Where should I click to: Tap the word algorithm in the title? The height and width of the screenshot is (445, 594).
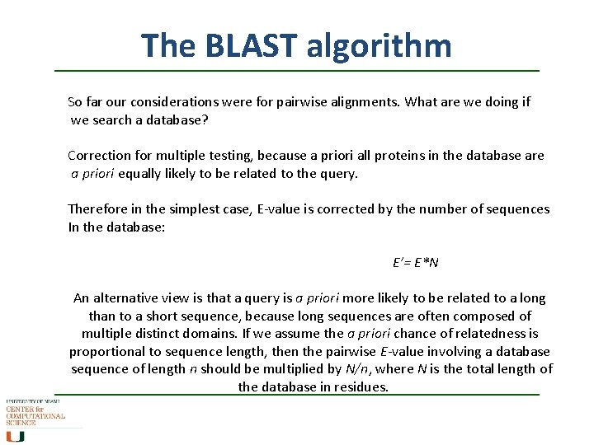[379, 45]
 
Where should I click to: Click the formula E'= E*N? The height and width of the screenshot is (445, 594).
[415, 263]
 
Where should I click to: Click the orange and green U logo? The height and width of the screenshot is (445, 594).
[16, 436]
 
